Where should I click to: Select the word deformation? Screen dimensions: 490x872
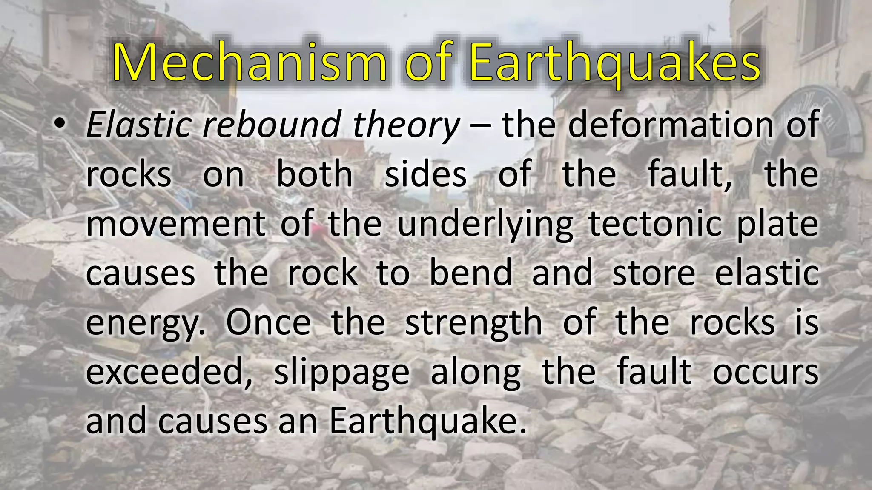tap(671, 125)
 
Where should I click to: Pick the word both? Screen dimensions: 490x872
tap(314, 174)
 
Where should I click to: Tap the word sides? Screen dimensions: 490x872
tap(425, 174)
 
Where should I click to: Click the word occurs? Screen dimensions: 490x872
tap(765, 373)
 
